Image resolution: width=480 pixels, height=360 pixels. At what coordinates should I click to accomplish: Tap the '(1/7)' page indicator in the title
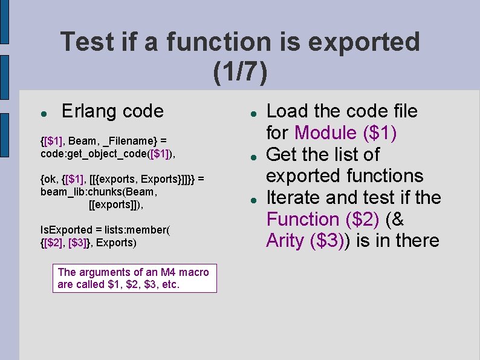(x=240, y=71)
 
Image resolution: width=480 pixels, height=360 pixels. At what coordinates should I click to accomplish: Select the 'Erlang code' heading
(x=112, y=111)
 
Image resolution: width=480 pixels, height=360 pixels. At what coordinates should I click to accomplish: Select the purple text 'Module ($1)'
(x=345, y=133)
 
